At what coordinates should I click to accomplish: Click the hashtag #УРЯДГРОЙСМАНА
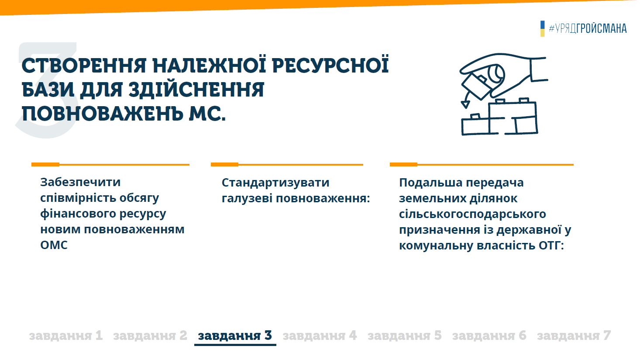coord(588,28)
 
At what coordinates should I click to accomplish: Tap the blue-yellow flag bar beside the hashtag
coord(542,28)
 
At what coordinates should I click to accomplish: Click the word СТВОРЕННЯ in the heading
coord(84,66)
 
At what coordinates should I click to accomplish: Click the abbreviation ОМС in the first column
coord(54,245)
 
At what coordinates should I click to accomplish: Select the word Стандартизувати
coord(275,183)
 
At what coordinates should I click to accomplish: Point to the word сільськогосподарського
coord(472,214)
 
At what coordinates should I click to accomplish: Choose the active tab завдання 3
coord(235,336)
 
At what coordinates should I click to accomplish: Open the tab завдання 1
coord(66,336)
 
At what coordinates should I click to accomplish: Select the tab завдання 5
coord(405,336)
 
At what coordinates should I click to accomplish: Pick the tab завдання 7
coord(574,336)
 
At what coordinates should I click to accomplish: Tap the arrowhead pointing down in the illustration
coord(465,104)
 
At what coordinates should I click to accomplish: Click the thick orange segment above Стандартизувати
coord(224,164)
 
